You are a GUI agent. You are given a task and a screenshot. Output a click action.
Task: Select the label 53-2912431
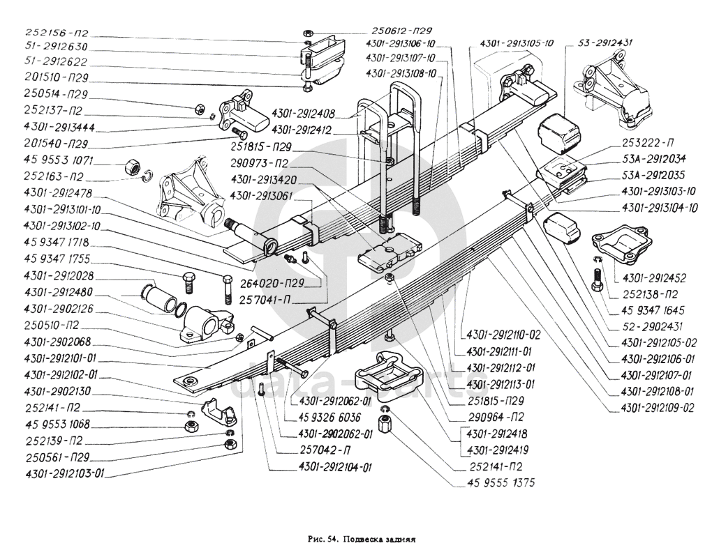605,43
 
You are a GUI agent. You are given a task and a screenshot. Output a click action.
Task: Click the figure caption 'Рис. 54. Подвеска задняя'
362,538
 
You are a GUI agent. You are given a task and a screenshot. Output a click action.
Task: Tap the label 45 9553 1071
59,161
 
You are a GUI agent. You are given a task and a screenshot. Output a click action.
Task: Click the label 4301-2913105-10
512,43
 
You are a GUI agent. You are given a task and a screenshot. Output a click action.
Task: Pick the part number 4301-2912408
303,114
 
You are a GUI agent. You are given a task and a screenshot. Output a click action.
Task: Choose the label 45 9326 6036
330,418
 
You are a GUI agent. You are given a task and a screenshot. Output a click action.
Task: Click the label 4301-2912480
58,292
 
